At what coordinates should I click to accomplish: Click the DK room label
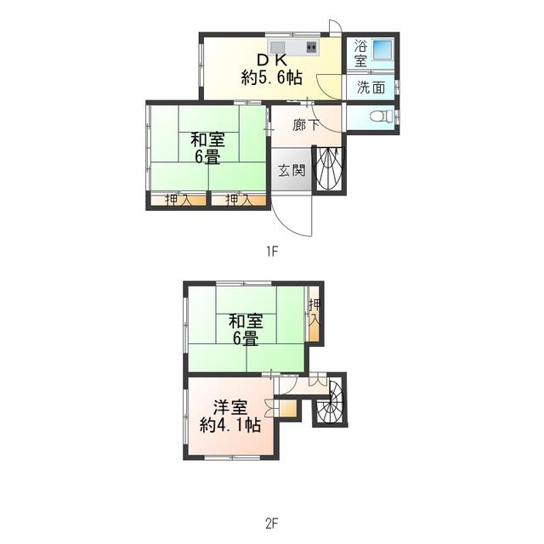pyautogui.click(x=272, y=60)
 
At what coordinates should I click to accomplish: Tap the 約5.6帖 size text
pyautogui.click(x=272, y=77)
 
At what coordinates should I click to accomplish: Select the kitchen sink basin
pyautogui.click(x=278, y=47)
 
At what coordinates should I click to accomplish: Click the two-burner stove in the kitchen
pyautogui.click(x=312, y=46)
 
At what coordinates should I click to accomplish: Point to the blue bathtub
pyautogui.click(x=382, y=49)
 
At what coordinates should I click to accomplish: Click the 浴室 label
pyautogui.click(x=360, y=54)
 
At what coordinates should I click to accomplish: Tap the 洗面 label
pyautogui.click(x=371, y=88)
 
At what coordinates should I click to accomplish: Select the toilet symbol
pyautogui.click(x=382, y=116)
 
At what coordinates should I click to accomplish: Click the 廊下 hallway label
pyautogui.click(x=306, y=125)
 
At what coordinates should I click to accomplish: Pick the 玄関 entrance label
pyautogui.click(x=292, y=170)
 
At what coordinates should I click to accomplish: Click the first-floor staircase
pyautogui.click(x=329, y=168)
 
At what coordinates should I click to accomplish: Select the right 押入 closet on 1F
pyautogui.click(x=239, y=201)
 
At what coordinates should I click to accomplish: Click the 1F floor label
pyautogui.click(x=272, y=252)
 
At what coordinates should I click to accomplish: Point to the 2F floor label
pyautogui.click(x=272, y=524)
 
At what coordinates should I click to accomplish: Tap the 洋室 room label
pyautogui.click(x=230, y=407)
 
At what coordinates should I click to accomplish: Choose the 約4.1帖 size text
pyautogui.click(x=230, y=425)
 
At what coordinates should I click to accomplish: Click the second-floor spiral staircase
pyautogui.click(x=331, y=399)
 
